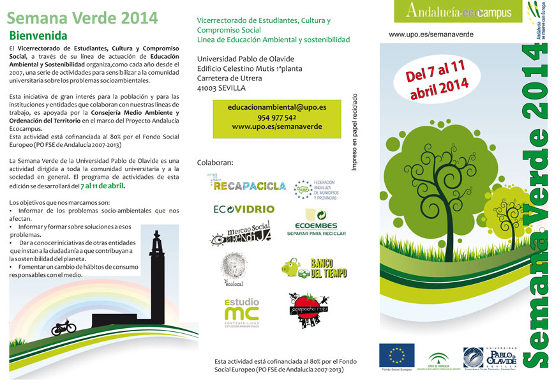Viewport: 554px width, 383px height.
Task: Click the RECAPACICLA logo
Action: pos(249,184)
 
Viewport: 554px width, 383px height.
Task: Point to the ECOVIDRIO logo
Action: pos(244,209)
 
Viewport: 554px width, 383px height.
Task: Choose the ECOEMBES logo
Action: pos(320,223)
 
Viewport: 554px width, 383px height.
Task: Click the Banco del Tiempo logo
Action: pos(314,268)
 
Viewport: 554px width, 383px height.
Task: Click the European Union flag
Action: pos(396,356)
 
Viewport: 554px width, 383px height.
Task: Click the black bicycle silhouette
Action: pos(63,327)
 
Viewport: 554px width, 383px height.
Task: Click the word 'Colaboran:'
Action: pos(216,162)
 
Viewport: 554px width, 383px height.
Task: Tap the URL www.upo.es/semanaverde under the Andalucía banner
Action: pos(431,34)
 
